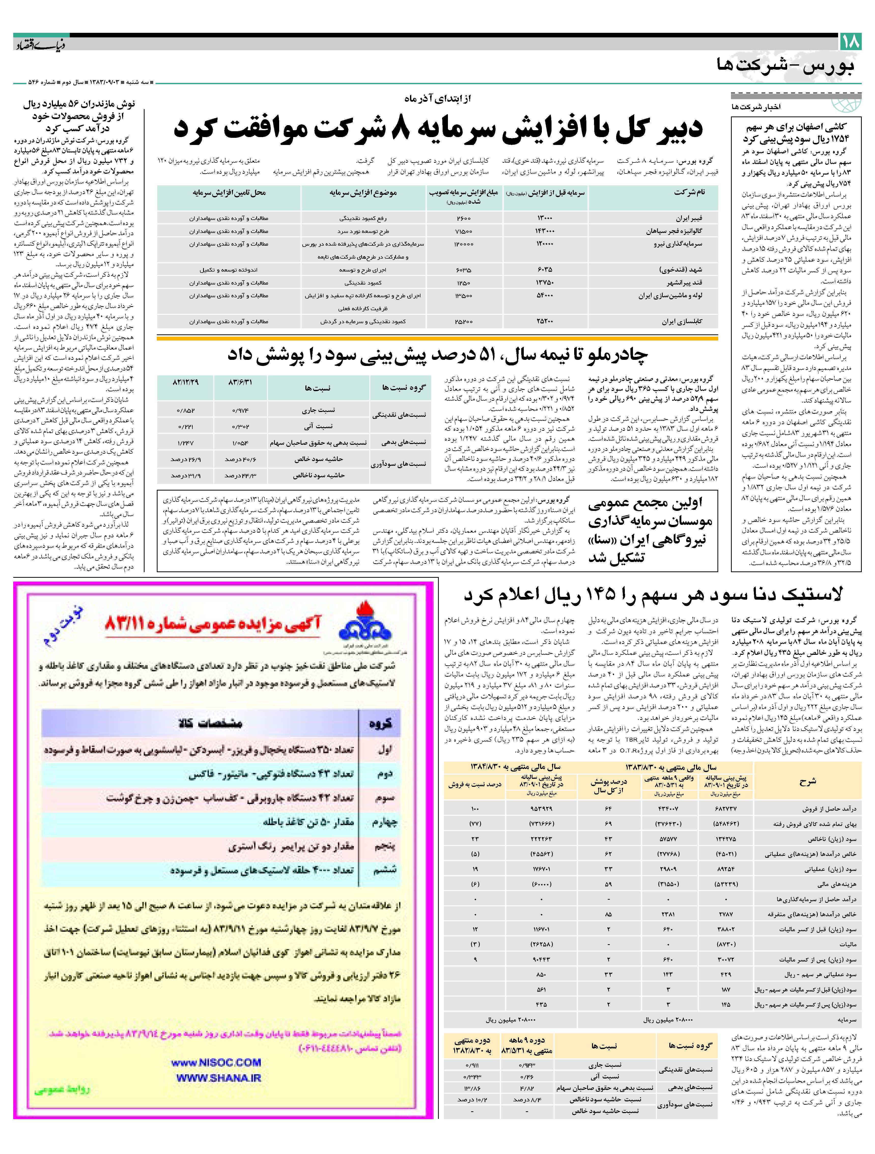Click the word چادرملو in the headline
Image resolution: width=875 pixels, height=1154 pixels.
621,355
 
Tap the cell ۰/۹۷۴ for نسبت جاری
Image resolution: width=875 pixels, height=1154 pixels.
240,411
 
